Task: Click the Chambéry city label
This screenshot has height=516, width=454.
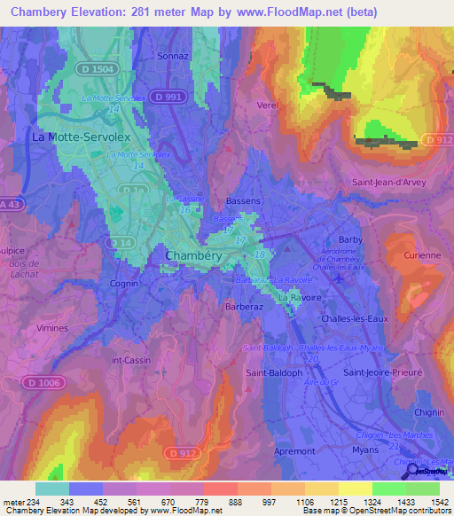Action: point(193,255)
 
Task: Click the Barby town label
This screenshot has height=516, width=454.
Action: point(351,239)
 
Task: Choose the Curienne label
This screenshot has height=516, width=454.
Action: point(422,255)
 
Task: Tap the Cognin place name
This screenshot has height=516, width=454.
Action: point(124,284)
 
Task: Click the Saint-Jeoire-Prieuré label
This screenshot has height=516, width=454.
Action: point(382,372)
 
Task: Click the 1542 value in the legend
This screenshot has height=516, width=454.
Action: point(438,502)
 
